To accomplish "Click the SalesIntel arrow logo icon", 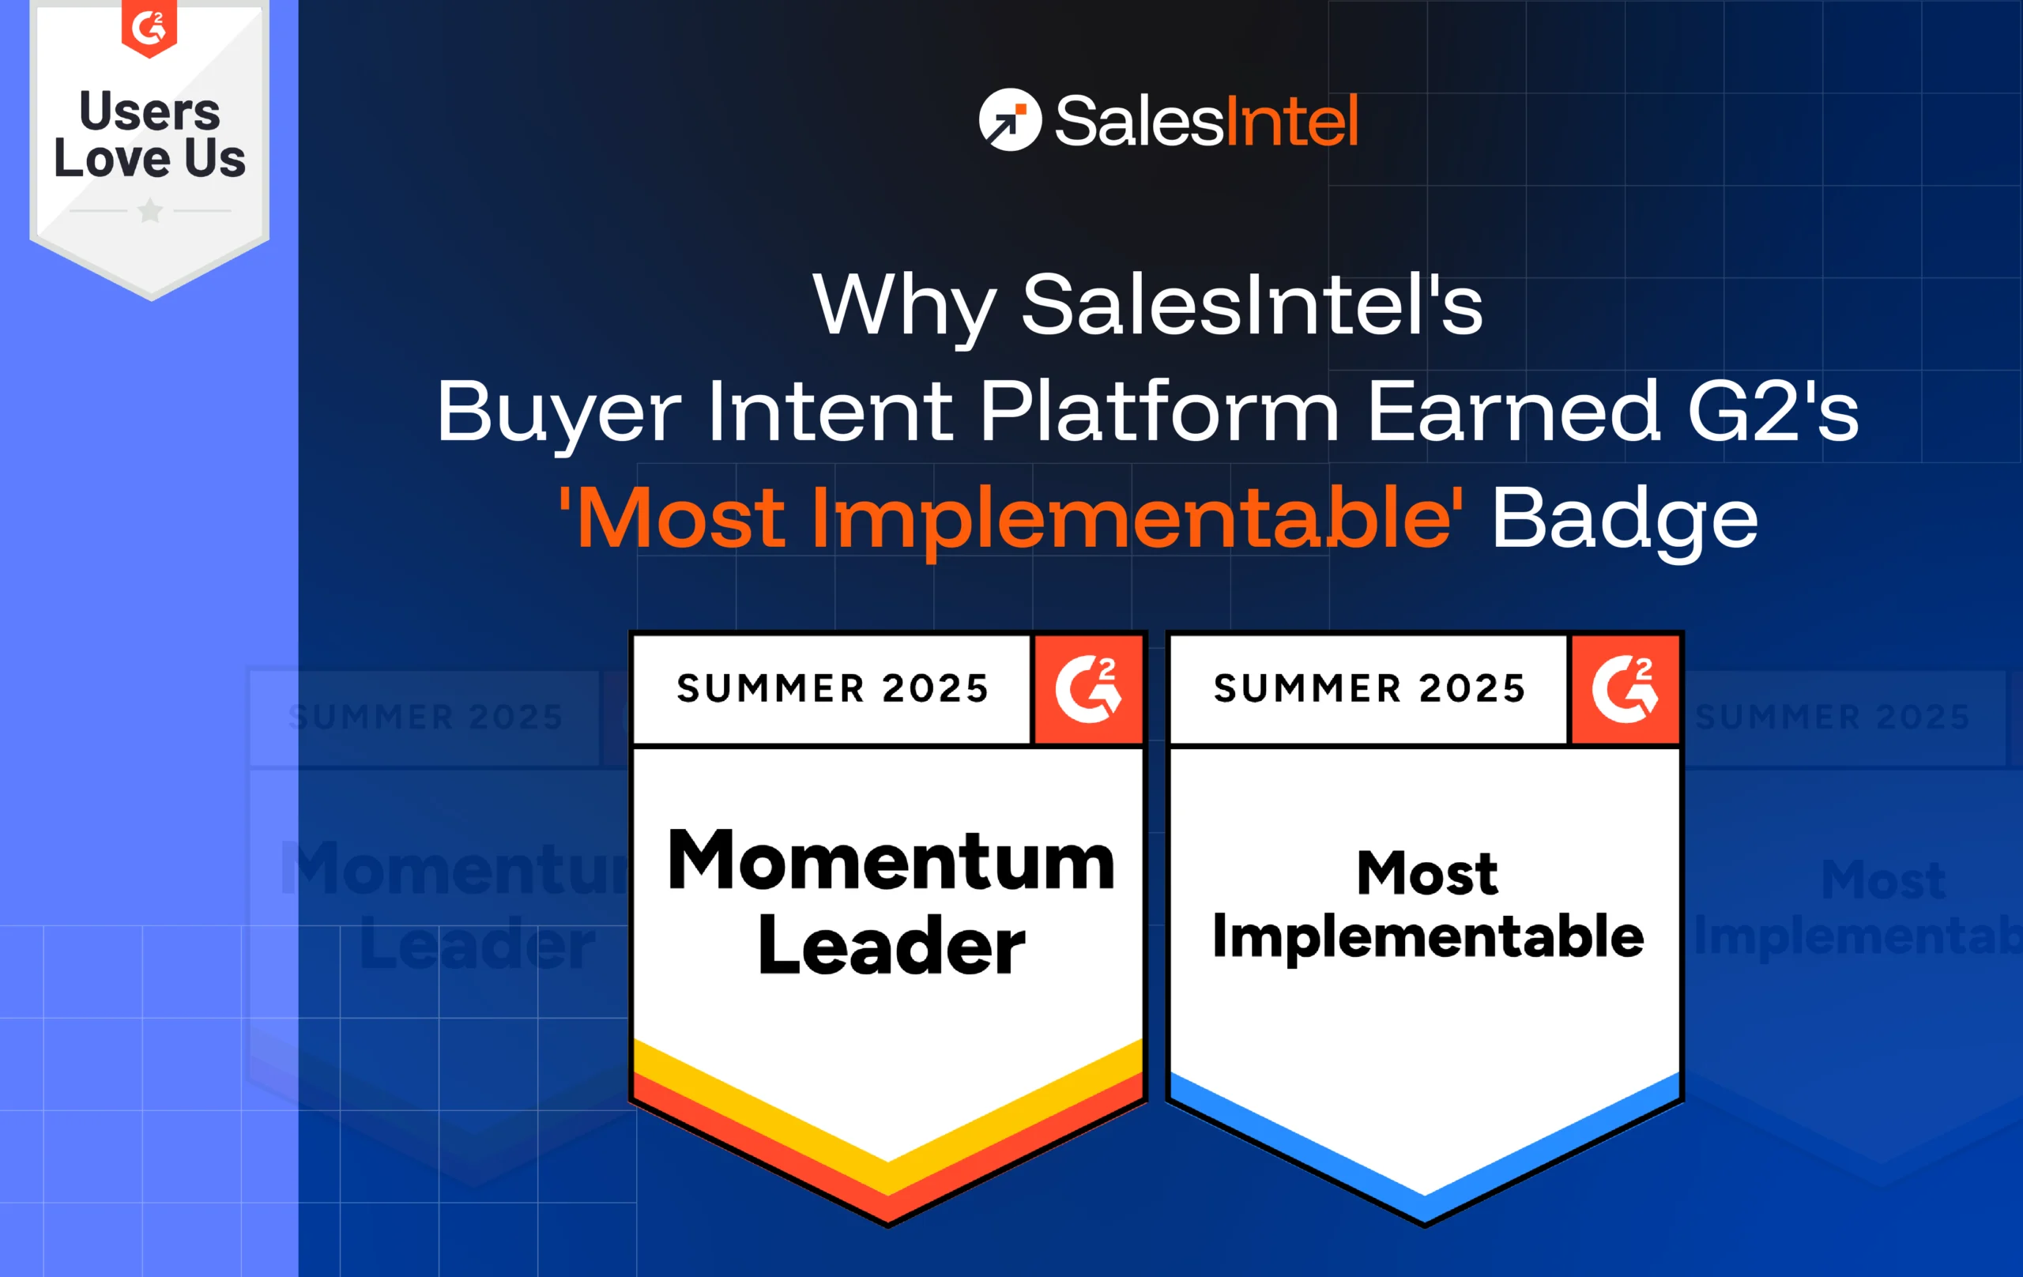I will click(1010, 120).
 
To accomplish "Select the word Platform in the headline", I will click(1158, 412).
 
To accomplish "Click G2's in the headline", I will click(1772, 412).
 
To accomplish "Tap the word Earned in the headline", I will click(1513, 412).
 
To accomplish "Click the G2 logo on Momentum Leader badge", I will click(1088, 690).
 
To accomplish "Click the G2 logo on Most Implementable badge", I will click(1625, 690).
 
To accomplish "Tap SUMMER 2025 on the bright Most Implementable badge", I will click(1369, 689).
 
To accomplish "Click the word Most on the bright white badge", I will click(1426, 874).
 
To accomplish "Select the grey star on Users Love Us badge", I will click(150, 210).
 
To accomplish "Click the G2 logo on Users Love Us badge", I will click(149, 27).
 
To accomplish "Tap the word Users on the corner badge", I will click(149, 111).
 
